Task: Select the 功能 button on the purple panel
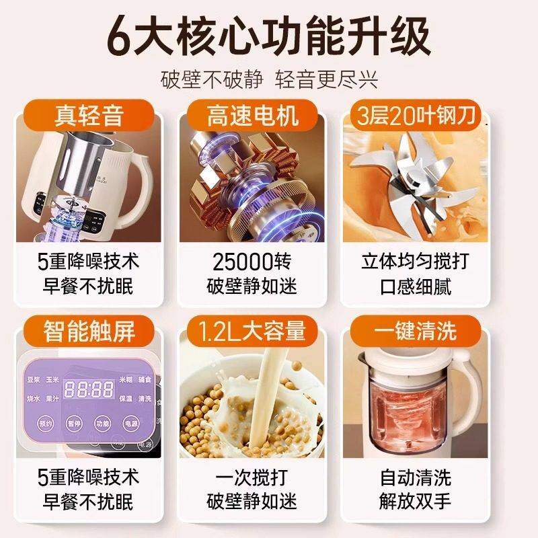(x=102, y=424)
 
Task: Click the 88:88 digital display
(x=87, y=388)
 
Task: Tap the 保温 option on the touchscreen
(x=126, y=398)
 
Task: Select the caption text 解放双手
(x=416, y=501)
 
